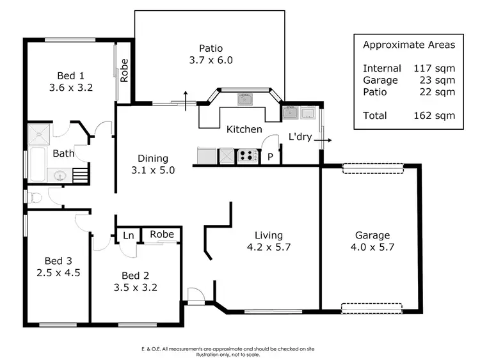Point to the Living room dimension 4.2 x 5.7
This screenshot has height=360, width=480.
269,247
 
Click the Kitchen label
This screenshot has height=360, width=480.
244,129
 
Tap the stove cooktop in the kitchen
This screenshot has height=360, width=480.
247,155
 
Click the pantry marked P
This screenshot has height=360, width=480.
270,157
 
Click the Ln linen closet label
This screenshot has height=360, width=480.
128,235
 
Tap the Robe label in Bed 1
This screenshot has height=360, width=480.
124,70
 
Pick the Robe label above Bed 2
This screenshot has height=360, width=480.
161,235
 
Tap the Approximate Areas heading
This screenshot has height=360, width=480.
408,45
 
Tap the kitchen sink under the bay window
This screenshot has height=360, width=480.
244,99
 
